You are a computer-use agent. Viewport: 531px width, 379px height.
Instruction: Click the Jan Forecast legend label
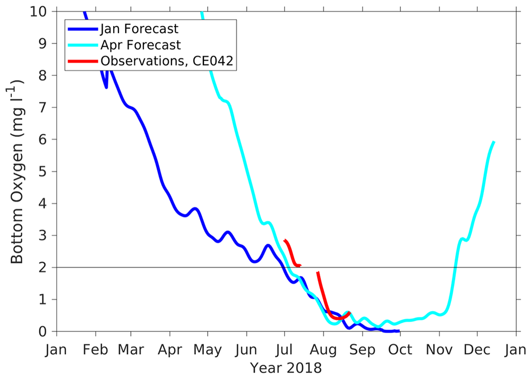(139, 29)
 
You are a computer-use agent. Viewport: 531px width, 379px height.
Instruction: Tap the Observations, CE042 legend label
(167, 62)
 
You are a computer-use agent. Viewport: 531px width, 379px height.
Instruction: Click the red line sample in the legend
(83, 62)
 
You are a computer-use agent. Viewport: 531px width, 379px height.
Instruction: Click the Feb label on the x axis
(96, 350)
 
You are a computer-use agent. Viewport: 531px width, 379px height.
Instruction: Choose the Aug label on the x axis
(323, 350)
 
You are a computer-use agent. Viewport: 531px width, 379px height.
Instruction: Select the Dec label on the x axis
(477, 350)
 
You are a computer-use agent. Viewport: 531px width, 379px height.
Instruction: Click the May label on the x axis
(208, 350)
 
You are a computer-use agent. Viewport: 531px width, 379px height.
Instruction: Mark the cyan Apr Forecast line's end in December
(494, 142)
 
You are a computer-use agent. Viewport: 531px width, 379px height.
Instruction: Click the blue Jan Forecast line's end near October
(399, 331)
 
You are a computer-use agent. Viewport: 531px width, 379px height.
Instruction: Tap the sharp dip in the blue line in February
(106, 87)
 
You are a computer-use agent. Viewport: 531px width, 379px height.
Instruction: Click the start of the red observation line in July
(285, 240)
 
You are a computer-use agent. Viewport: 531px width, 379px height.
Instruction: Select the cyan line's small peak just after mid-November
(462, 239)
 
